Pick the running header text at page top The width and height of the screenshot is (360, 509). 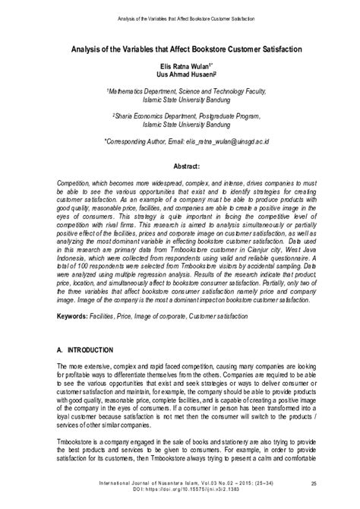[x=180, y=15]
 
